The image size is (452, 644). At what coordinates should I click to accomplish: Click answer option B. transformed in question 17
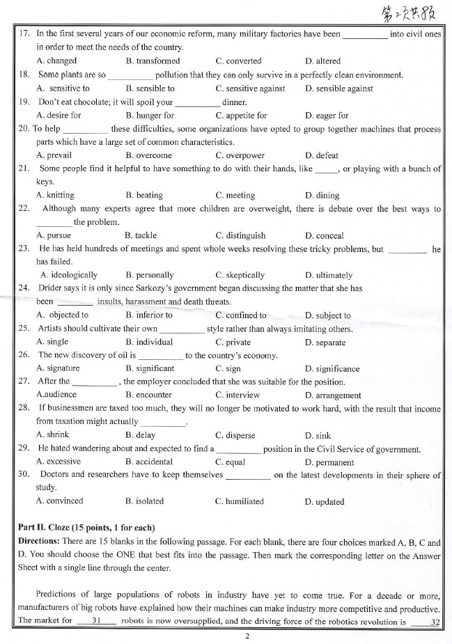tap(153, 61)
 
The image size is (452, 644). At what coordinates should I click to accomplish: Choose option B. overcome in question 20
tap(148, 156)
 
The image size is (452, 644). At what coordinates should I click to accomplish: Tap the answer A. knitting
tap(55, 196)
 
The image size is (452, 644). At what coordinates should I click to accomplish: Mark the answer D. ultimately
tap(329, 276)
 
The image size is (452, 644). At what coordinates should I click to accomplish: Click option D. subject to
tap(327, 315)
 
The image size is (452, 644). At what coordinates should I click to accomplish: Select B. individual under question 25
tap(149, 343)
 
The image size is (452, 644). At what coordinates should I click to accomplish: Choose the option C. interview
tap(237, 395)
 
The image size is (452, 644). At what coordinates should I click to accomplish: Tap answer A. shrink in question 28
tap(52, 436)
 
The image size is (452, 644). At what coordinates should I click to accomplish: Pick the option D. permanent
tap(329, 462)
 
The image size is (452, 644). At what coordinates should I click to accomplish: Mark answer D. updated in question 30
tap(325, 502)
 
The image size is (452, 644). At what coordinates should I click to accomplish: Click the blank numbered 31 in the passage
tap(97, 621)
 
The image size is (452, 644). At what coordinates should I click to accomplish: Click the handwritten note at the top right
tap(410, 14)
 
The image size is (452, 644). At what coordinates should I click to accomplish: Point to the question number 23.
tap(23, 249)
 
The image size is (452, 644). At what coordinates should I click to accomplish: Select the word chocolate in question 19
tap(98, 102)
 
